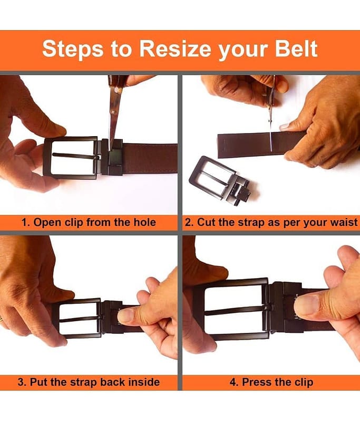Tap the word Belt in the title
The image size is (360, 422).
[x=296, y=49]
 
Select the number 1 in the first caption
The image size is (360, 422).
[x=24, y=223]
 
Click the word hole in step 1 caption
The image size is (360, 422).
[x=144, y=222]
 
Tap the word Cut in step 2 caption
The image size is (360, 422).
[x=206, y=223]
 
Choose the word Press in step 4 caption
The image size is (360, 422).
[x=256, y=382]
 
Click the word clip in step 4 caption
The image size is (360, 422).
[x=304, y=382]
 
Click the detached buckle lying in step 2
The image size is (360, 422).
[x=219, y=180]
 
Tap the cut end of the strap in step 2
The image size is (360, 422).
[x=218, y=146]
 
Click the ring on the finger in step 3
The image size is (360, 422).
[x=2, y=320]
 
